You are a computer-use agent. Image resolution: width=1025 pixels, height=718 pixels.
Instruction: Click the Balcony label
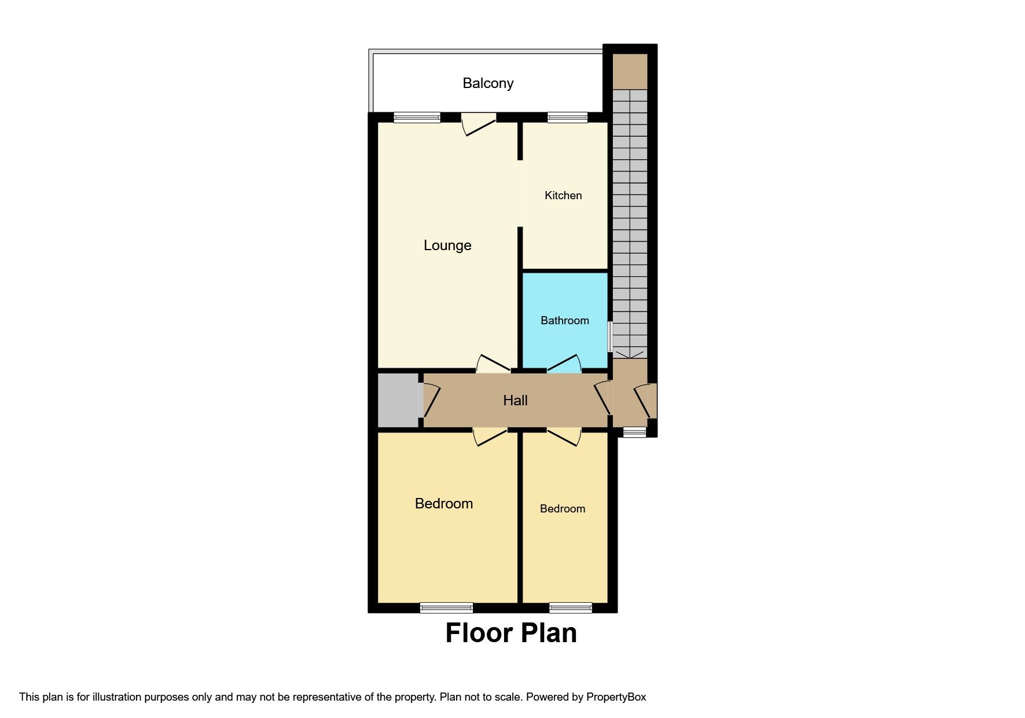click(488, 83)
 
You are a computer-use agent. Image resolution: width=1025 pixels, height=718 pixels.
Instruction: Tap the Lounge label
click(447, 246)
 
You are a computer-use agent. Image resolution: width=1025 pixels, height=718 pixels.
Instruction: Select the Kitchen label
click(563, 196)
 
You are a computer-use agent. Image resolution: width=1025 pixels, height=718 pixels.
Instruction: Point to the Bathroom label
click(565, 321)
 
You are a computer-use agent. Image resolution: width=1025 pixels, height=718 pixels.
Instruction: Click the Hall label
click(515, 401)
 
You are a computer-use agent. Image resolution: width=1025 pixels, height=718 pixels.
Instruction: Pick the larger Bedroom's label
click(444, 504)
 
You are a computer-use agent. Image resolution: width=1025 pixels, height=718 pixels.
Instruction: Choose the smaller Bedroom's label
click(563, 509)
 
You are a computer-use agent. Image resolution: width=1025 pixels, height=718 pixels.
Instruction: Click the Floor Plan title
click(511, 633)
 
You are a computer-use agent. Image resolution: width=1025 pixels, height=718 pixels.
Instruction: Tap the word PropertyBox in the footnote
click(616, 697)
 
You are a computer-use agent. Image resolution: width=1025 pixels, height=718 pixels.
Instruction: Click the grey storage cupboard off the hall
click(398, 401)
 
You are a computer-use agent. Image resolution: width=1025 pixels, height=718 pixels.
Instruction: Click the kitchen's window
click(568, 118)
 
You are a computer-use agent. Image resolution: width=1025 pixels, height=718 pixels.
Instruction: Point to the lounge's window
click(417, 118)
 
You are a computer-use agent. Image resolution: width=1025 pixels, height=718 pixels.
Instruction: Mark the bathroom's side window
click(609, 337)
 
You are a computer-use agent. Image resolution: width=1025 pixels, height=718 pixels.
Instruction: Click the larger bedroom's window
click(446, 608)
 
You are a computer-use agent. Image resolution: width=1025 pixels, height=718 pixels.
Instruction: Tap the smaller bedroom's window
click(571, 608)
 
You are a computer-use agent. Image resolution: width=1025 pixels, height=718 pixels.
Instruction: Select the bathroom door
click(564, 364)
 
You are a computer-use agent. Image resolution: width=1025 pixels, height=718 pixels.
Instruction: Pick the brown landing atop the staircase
click(630, 72)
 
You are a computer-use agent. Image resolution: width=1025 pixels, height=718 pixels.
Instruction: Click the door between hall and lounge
click(493, 363)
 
